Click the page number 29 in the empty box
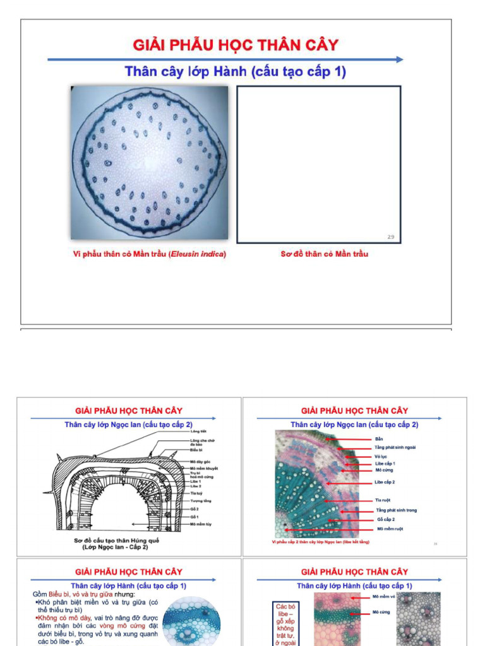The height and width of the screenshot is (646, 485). (x=390, y=237)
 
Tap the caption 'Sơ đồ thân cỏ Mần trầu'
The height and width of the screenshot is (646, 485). (x=324, y=254)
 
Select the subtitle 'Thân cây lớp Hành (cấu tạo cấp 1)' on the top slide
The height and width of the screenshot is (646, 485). (x=236, y=71)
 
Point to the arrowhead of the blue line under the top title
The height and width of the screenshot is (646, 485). (x=399, y=59)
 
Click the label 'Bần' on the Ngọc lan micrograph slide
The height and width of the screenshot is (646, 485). (x=379, y=438)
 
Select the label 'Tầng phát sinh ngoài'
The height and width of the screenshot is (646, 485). (x=395, y=447)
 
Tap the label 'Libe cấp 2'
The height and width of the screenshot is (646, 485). (x=385, y=482)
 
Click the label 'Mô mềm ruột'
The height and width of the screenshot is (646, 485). (x=390, y=529)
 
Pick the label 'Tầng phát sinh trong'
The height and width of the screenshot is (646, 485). (x=396, y=510)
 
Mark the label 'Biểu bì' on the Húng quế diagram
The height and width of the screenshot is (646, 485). (x=196, y=450)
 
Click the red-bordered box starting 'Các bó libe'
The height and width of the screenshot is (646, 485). (x=285, y=624)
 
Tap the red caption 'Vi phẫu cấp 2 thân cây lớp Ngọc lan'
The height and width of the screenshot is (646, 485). (x=320, y=542)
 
